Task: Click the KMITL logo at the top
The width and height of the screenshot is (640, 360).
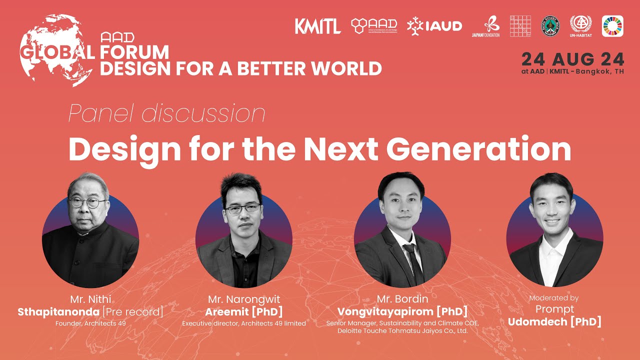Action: [x=317, y=26]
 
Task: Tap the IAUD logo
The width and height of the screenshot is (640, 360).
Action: [x=434, y=26]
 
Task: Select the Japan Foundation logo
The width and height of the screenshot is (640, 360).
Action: [x=485, y=27]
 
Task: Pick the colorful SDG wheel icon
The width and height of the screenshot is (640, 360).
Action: [x=612, y=26]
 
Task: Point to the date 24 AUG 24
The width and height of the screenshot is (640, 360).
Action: [x=572, y=59]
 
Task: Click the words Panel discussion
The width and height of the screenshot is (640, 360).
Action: [x=166, y=114]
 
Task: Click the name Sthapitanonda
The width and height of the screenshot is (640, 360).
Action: [x=58, y=312]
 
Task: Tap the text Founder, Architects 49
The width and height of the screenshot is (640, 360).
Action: [x=90, y=323]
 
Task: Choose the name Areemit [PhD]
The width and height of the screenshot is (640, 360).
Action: [x=243, y=312]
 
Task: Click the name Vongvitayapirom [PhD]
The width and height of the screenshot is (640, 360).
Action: [x=402, y=312]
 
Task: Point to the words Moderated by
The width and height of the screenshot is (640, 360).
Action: [x=553, y=298]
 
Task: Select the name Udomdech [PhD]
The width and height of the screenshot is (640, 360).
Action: [x=554, y=321]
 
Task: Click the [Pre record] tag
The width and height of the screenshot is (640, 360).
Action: [x=132, y=312]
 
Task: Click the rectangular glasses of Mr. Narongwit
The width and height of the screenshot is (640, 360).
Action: [x=242, y=208]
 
